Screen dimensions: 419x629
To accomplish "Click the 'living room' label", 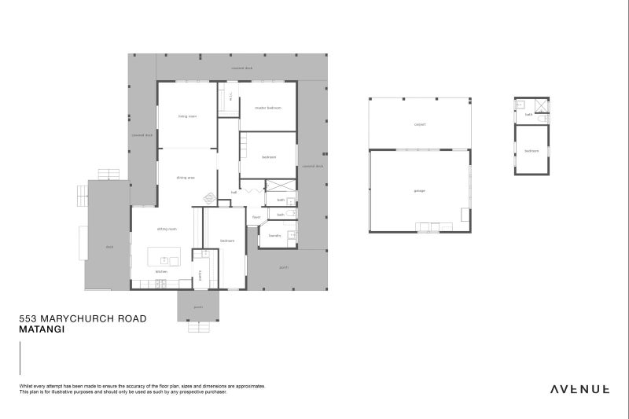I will (x=187, y=116).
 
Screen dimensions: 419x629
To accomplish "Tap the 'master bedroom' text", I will (x=267, y=108).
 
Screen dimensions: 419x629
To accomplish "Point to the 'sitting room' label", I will (x=166, y=229).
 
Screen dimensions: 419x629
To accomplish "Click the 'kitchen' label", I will (x=161, y=271).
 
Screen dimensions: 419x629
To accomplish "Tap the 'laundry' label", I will (x=274, y=235).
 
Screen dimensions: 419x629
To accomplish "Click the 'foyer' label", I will (x=256, y=217).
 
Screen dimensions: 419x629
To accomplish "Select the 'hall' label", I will (x=234, y=192).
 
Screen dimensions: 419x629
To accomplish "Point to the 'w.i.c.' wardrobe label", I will (x=230, y=97).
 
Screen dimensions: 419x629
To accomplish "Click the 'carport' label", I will (x=420, y=124).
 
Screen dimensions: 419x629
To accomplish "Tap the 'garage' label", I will (x=419, y=191).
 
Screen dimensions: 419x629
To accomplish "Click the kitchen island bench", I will (x=164, y=257).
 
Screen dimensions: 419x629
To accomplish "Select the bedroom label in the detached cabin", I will (x=532, y=149).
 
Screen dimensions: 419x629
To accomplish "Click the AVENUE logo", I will (x=580, y=388).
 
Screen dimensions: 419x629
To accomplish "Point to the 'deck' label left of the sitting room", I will (x=109, y=247).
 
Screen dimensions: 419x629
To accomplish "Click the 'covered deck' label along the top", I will (x=241, y=68).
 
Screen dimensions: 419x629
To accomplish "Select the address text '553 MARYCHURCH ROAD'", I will (x=83, y=319).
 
